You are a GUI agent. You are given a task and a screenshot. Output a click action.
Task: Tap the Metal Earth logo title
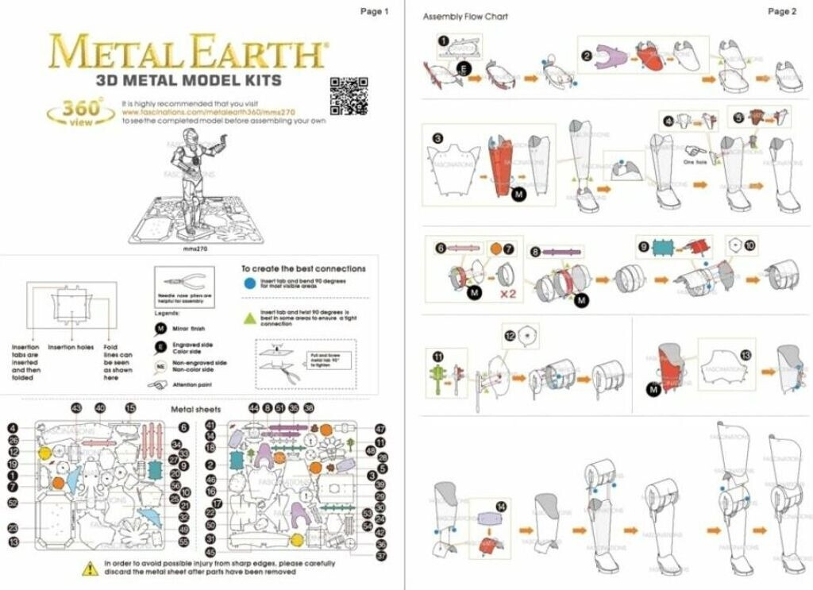187,52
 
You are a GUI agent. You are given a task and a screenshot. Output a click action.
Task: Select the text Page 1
375,11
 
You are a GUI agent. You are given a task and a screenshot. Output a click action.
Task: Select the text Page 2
782,11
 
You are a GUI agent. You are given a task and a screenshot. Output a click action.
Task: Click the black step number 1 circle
443,40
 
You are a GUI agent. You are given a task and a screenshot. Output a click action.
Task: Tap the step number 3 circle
437,137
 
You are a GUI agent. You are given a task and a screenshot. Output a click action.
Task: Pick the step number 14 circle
500,505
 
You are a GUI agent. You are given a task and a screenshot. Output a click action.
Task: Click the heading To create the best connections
303,268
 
